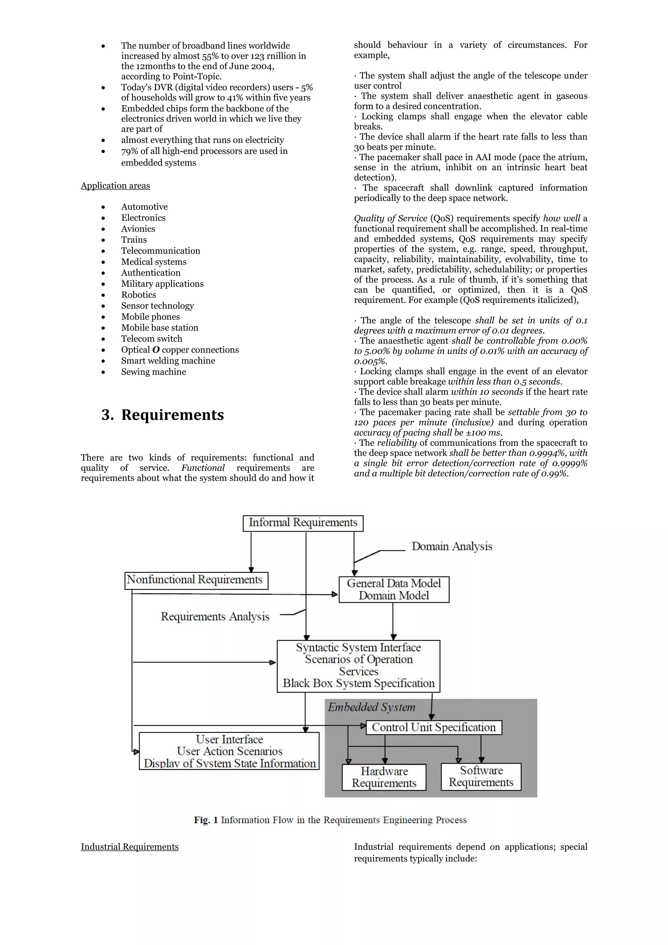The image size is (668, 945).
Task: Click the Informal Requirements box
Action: [x=303, y=523]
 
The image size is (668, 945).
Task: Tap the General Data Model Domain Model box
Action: [x=394, y=589]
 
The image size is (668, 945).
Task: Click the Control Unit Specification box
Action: [x=434, y=727]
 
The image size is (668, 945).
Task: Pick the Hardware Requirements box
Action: [x=384, y=777]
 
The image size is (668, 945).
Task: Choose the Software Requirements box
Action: [x=481, y=776]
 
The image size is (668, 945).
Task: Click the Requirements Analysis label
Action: [x=215, y=617]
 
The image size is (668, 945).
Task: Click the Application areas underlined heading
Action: [x=115, y=186]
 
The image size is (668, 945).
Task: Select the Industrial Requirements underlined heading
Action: [x=129, y=847]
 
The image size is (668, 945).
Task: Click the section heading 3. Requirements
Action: [x=163, y=415]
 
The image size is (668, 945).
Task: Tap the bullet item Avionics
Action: [x=138, y=229]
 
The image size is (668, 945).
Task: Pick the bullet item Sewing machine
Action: [x=154, y=372]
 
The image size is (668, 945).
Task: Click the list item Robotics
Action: [x=138, y=295]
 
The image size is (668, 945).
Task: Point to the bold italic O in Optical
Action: [x=156, y=350]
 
